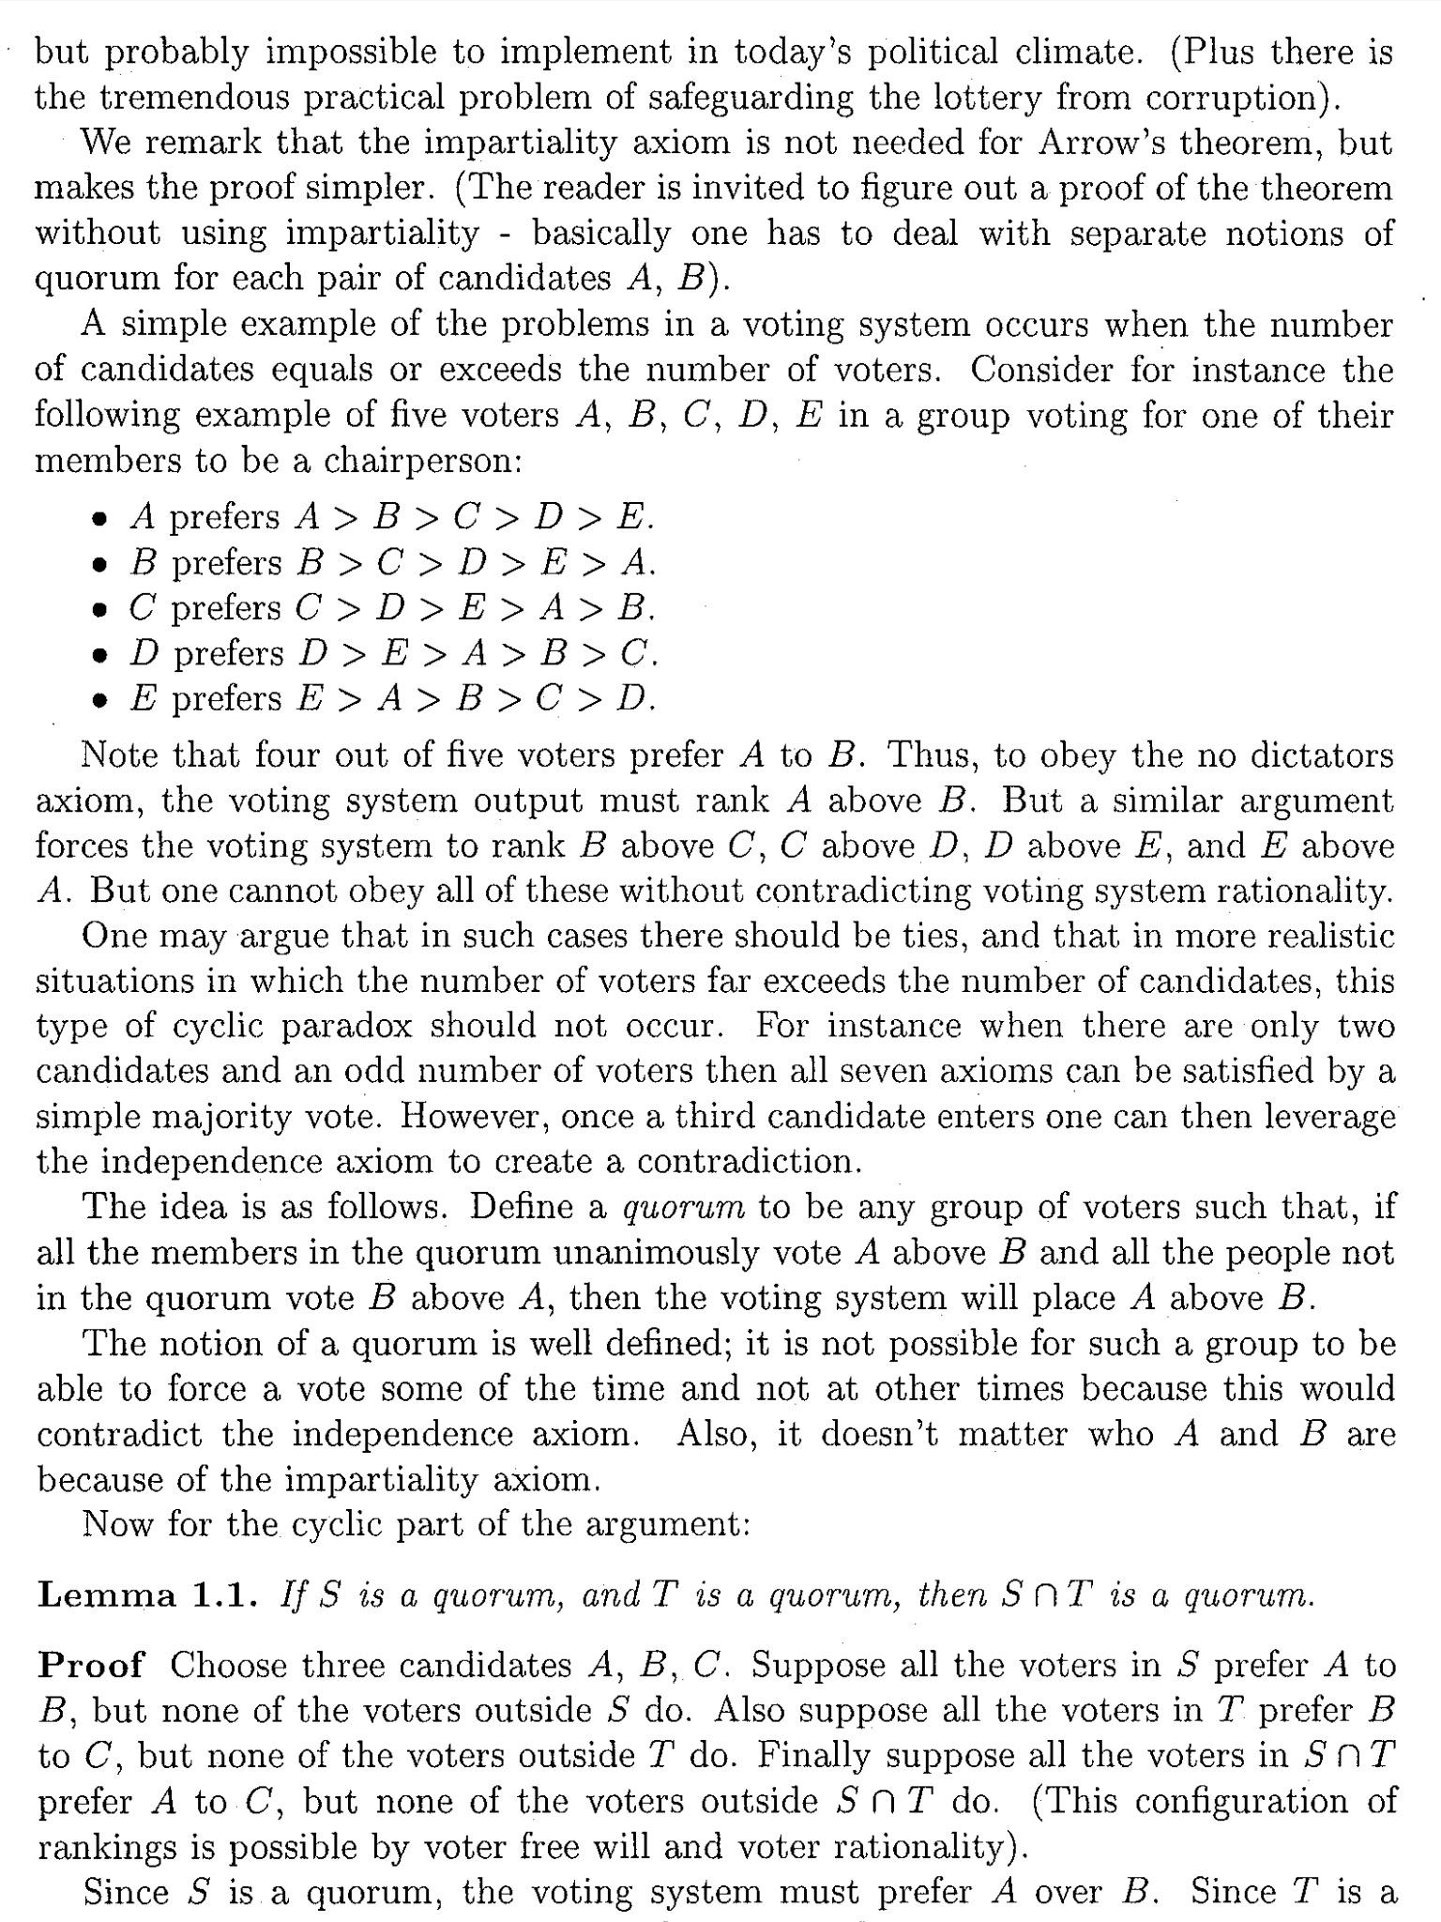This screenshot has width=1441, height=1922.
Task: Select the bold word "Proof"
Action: pos(91,1665)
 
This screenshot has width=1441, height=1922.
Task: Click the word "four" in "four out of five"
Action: pos(285,755)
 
